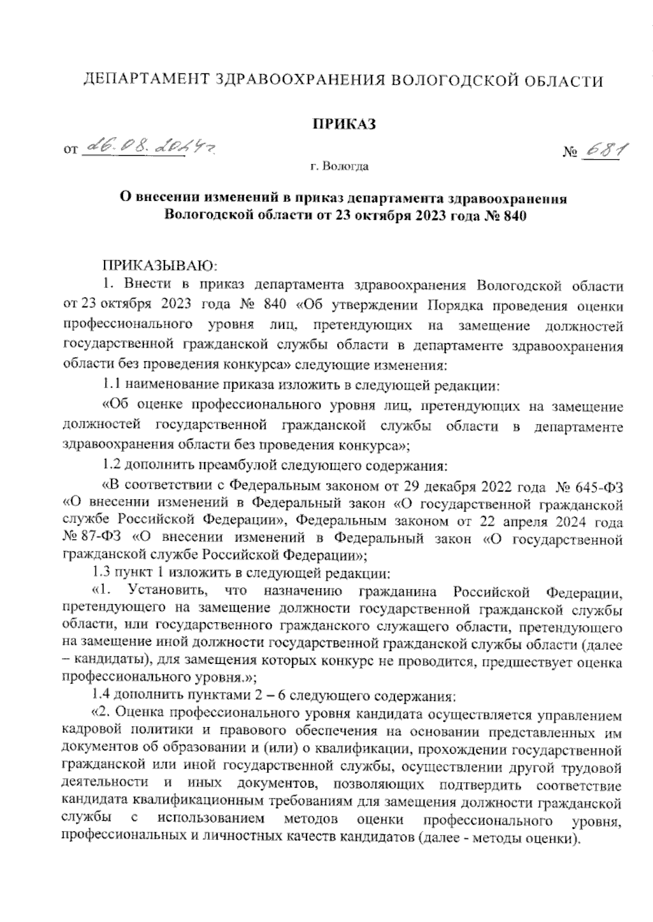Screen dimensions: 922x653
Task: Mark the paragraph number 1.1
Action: point(112,386)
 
